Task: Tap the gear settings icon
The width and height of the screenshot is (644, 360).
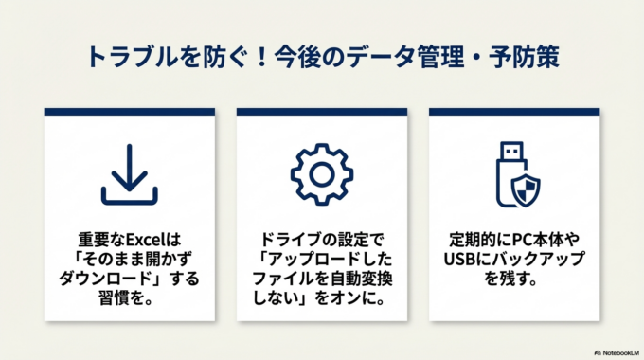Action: (x=321, y=175)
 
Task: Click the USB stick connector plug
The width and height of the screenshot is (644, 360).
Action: (x=509, y=152)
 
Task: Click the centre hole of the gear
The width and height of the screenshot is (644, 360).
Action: (x=321, y=175)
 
